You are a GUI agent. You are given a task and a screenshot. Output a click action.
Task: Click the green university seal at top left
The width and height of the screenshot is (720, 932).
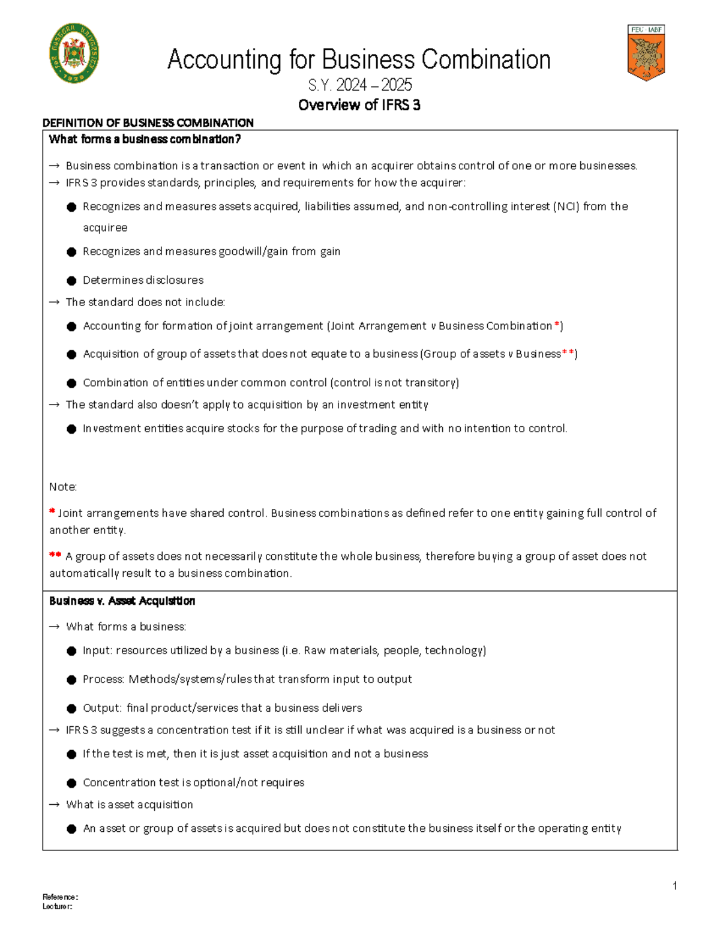(x=74, y=53)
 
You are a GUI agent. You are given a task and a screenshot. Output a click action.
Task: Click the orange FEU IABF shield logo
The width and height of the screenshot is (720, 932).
(x=646, y=53)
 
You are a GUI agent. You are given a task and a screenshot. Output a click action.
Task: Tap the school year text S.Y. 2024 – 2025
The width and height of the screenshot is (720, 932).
(x=359, y=85)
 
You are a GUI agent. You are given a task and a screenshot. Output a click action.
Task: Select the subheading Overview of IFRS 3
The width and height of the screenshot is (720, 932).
(x=359, y=105)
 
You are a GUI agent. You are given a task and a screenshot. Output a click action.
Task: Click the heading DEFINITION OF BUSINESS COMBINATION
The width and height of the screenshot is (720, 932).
(x=148, y=123)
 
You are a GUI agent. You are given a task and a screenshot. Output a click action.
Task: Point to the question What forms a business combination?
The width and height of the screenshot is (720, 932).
(x=145, y=139)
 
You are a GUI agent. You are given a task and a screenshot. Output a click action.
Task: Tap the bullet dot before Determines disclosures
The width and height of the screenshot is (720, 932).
(x=71, y=280)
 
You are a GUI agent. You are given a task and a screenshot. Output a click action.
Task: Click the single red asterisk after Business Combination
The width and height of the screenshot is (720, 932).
(x=557, y=325)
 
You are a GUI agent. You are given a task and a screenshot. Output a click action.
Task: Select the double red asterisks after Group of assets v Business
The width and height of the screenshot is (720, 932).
(x=568, y=353)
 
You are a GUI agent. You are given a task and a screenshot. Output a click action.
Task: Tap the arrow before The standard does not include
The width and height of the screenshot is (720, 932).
(x=54, y=302)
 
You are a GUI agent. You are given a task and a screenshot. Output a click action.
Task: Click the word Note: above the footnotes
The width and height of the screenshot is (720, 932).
(x=63, y=487)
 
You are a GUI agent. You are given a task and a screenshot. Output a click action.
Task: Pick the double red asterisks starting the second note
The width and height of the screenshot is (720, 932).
(x=55, y=555)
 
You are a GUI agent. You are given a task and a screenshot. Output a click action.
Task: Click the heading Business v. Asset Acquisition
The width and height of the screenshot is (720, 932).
(x=122, y=601)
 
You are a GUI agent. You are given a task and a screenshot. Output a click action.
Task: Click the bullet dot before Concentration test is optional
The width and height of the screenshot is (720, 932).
(x=71, y=783)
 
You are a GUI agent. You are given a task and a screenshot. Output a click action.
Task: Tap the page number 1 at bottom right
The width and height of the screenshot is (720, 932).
(x=675, y=886)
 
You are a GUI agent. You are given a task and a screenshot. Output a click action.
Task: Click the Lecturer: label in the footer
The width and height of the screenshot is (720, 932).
(x=57, y=906)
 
